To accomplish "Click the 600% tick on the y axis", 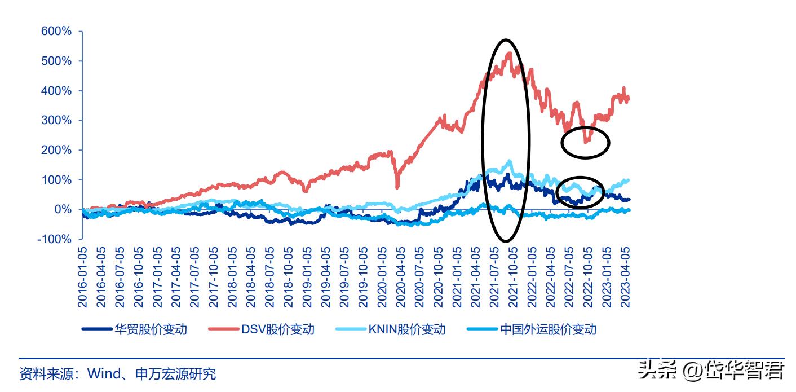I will coord(56,32).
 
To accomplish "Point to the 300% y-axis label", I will coord(56,120).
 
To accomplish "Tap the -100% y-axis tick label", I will coord(54,239).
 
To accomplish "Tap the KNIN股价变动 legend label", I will coord(406,329).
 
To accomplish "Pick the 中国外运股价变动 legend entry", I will coord(548,329).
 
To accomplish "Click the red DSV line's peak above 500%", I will coord(510,54).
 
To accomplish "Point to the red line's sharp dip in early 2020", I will coord(397,187).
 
